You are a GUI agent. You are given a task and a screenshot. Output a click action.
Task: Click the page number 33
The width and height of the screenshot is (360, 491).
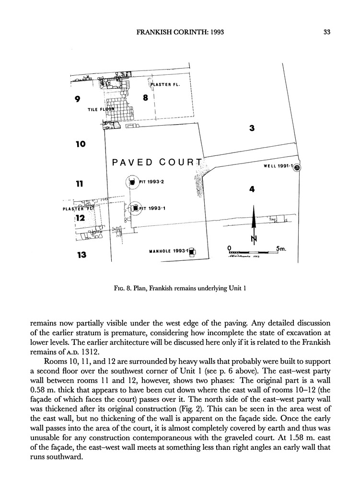coord(327,33)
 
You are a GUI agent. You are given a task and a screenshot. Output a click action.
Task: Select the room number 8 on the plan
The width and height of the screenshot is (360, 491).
coord(145,98)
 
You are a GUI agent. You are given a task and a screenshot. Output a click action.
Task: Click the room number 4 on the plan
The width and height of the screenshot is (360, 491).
coord(251,189)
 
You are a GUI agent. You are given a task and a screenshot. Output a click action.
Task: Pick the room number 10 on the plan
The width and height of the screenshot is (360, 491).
coord(80,143)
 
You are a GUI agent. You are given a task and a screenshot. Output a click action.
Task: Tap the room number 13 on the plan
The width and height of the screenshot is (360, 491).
coord(81,255)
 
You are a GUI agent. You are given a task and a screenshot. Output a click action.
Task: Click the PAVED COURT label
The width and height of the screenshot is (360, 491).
coord(157,162)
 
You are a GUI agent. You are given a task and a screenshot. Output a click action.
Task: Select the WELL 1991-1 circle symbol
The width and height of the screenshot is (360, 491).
coord(297,167)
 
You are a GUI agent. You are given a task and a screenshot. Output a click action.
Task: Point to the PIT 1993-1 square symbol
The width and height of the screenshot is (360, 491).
coord(135,208)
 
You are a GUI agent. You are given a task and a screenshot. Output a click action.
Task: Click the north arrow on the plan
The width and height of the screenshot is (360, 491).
coord(254,220)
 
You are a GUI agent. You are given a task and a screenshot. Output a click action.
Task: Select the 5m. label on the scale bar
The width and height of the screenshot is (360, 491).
coord(281,249)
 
